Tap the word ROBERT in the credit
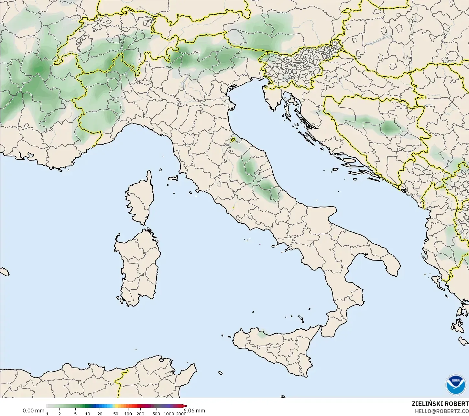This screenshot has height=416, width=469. tap(457, 404)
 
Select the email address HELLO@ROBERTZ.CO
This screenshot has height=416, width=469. tap(442, 411)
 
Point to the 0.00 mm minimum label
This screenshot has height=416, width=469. tap(33, 411)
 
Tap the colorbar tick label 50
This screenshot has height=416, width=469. tap(116, 414)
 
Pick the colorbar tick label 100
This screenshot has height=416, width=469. tap(128, 414)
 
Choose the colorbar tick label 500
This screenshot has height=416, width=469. tap(156, 414)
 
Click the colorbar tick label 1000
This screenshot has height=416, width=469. tap(169, 414)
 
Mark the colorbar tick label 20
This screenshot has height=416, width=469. tap(100, 414)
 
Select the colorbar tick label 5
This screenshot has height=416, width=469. tap(75, 414)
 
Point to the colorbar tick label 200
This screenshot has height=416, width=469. tap(140, 414)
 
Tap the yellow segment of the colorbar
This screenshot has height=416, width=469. tap(118, 406)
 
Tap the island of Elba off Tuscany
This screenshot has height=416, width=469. tap(173, 178)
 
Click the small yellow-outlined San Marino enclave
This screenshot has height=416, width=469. tap(233, 140)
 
